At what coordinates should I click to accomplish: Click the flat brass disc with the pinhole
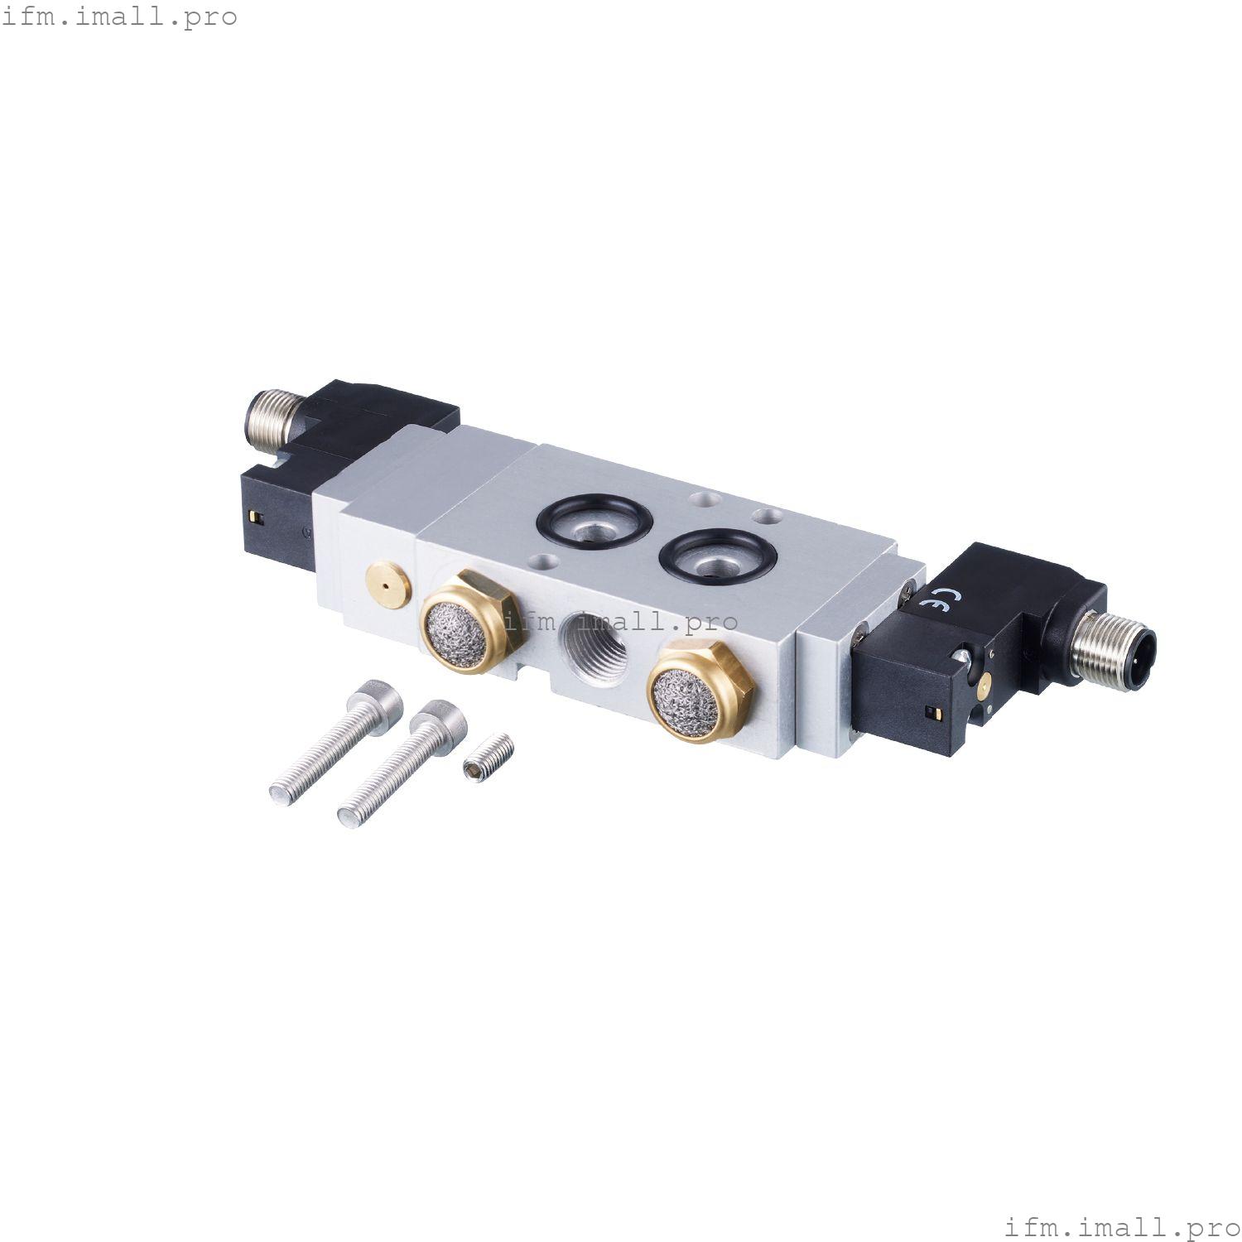click(386, 584)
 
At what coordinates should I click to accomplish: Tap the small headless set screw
click(488, 758)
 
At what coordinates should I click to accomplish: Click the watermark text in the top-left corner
click(119, 17)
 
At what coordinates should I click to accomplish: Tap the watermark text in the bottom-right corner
click(1122, 1225)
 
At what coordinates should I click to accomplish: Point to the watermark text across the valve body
click(621, 621)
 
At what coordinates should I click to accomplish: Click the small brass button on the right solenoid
click(982, 681)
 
